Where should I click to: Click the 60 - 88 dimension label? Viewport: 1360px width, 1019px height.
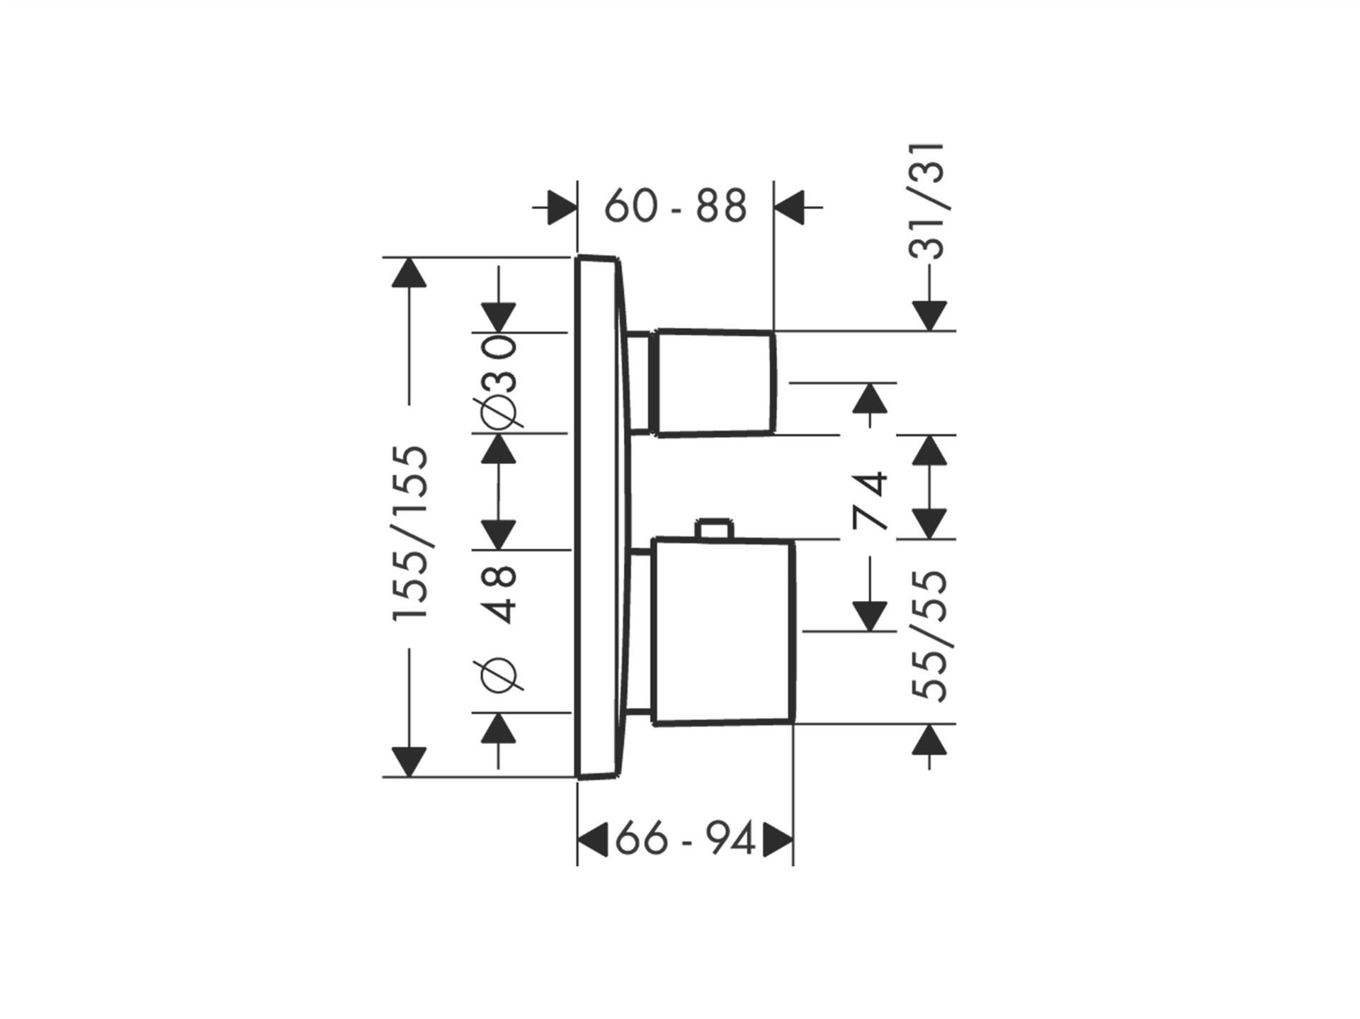click(676, 206)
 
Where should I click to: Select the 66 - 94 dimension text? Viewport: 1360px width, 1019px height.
click(685, 841)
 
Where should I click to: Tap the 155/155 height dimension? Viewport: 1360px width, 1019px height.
click(412, 533)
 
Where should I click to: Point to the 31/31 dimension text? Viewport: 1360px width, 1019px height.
click(929, 202)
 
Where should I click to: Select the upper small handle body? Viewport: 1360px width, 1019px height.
click(716, 382)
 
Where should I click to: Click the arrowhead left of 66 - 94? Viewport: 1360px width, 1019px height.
click(593, 841)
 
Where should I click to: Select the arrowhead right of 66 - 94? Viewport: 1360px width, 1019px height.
click(777, 841)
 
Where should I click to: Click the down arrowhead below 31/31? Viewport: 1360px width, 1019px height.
click(929, 316)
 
